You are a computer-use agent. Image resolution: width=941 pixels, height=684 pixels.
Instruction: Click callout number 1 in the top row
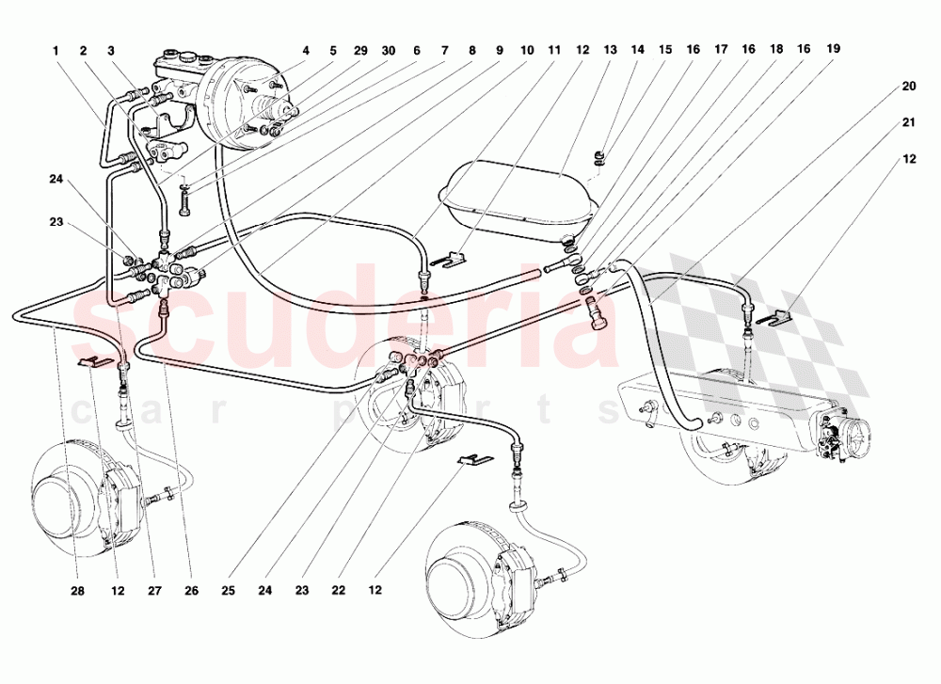56,50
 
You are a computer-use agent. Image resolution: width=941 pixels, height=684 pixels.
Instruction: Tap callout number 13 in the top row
611,49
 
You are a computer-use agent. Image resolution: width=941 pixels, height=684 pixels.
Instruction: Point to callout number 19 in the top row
834,49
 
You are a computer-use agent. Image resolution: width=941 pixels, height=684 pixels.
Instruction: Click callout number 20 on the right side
908,87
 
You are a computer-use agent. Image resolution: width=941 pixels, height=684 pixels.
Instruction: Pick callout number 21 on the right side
908,122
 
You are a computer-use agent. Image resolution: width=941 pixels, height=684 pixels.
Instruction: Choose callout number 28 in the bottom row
78,592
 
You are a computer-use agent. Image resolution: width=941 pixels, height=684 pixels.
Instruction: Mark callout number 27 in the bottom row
154,592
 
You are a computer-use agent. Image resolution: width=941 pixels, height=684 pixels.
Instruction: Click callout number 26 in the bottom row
192,592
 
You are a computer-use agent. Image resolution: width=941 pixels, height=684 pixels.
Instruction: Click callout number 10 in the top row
526,49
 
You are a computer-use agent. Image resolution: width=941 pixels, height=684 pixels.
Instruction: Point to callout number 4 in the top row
306,50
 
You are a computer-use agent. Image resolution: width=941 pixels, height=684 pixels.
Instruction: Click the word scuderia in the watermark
348,325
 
